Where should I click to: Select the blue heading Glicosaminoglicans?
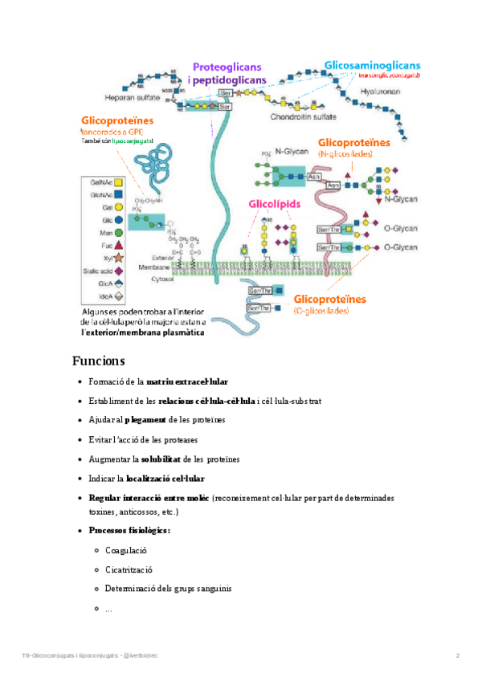(x=372, y=65)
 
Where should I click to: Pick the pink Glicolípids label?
(x=275, y=205)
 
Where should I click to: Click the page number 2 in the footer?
(x=457, y=656)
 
